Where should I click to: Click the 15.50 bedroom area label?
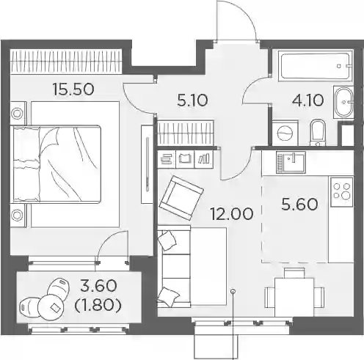[73, 89]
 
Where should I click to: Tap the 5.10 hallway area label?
[192, 100]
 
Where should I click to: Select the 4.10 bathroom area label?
[308, 100]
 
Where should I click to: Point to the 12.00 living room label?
[232, 214]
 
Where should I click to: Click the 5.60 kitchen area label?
[299, 205]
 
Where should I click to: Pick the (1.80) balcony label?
[98, 306]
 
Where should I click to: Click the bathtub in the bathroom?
[315, 66]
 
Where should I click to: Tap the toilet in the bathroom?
[318, 132]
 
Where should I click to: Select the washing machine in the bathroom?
[285, 133]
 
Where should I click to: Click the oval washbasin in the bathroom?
[343, 103]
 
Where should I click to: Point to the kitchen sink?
[291, 162]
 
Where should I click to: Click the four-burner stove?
[341, 191]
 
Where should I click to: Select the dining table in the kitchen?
[294, 297]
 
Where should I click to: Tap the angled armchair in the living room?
[181, 198]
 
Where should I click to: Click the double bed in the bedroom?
[57, 164]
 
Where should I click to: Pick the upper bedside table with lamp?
[18, 114]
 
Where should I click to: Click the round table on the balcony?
[51, 307]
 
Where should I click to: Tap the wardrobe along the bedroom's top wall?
[66, 61]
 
